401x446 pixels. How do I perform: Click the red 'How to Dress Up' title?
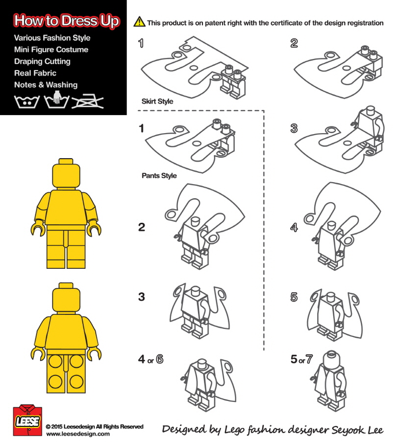(x=67, y=22)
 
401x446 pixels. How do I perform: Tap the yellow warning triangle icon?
(x=139, y=22)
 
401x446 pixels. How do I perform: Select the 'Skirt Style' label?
(x=157, y=102)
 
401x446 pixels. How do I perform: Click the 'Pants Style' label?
(x=159, y=176)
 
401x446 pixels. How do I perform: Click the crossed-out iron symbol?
(x=88, y=101)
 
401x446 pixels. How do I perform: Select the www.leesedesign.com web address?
(x=78, y=434)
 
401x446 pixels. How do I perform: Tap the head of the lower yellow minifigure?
(x=66, y=298)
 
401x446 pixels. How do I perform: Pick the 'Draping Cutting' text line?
(x=42, y=61)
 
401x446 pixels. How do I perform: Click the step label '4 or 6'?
(x=150, y=360)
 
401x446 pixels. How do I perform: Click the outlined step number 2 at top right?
(x=294, y=43)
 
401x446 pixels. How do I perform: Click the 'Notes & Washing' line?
(x=46, y=85)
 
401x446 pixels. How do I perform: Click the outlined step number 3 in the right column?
(x=294, y=129)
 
